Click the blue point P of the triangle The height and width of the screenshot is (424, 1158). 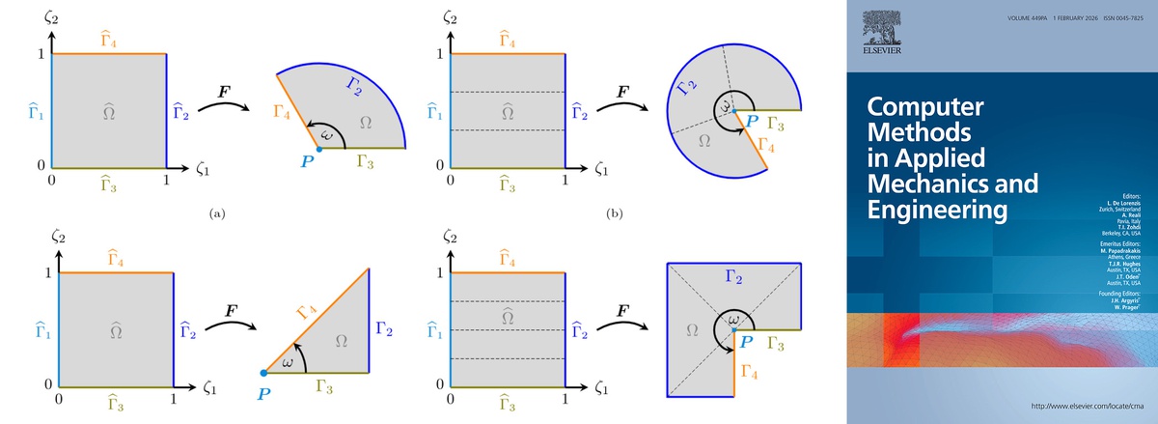click(x=264, y=373)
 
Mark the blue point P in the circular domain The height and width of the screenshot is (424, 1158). click(x=733, y=111)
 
